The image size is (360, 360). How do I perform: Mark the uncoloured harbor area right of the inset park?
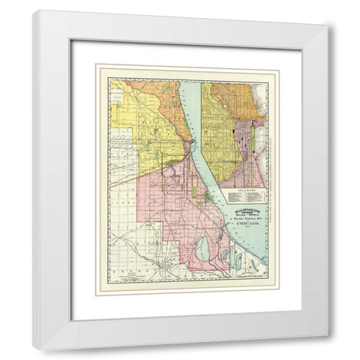tap(259, 150)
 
